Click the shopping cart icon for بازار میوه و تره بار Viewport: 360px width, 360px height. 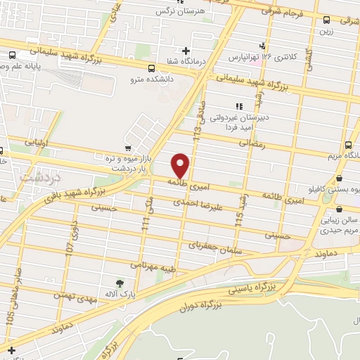(127, 148)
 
